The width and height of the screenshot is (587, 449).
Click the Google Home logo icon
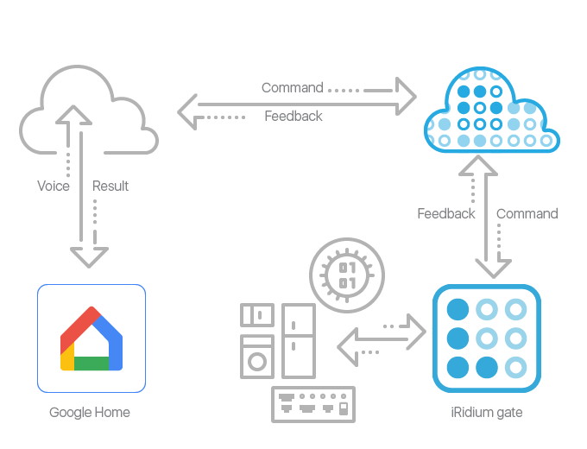pyautogui.click(x=91, y=338)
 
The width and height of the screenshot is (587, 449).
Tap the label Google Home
pyautogui.click(x=90, y=412)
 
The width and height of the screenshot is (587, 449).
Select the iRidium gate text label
pyautogui.click(x=487, y=412)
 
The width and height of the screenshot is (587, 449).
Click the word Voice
pyautogui.click(x=54, y=186)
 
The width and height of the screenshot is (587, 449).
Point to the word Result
pyautogui.click(x=110, y=186)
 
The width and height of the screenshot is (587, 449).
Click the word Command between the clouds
pyautogui.click(x=292, y=87)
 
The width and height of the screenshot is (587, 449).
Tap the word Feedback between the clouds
pyautogui.click(x=293, y=116)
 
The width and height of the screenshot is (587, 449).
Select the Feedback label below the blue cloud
pyautogui.click(x=445, y=213)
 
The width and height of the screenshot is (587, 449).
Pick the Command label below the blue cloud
pyautogui.click(x=527, y=213)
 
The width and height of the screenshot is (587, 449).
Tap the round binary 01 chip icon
pyautogui.click(x=346, y=274)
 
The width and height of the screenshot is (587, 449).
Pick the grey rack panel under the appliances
pyautogui.click(x=312, y=403)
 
